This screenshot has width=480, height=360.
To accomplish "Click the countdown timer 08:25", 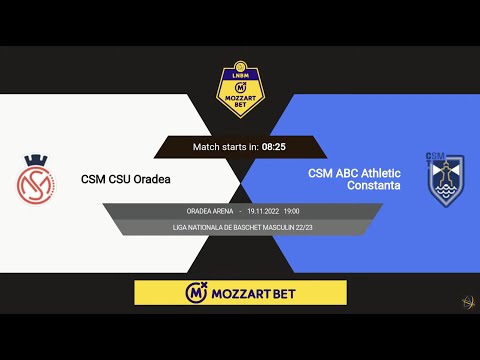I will click(274, 147).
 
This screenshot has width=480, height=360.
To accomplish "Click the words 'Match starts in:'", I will click(226, 147).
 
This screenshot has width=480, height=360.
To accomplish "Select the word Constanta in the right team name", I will click(373, 186).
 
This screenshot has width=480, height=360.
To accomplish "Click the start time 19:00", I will click(291, 211).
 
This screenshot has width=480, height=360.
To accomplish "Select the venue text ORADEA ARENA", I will click(210, 211).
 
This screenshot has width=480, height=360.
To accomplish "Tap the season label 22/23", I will click(304, 228).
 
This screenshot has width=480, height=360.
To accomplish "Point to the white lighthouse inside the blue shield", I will click(442, 181).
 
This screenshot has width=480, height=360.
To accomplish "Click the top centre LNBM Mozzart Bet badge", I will click(241, 89).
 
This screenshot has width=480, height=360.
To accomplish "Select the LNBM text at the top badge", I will click(241, 73).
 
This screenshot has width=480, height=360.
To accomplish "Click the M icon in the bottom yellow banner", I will click(196, 293).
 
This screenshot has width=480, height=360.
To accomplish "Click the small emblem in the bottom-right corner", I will click(466, 301).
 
